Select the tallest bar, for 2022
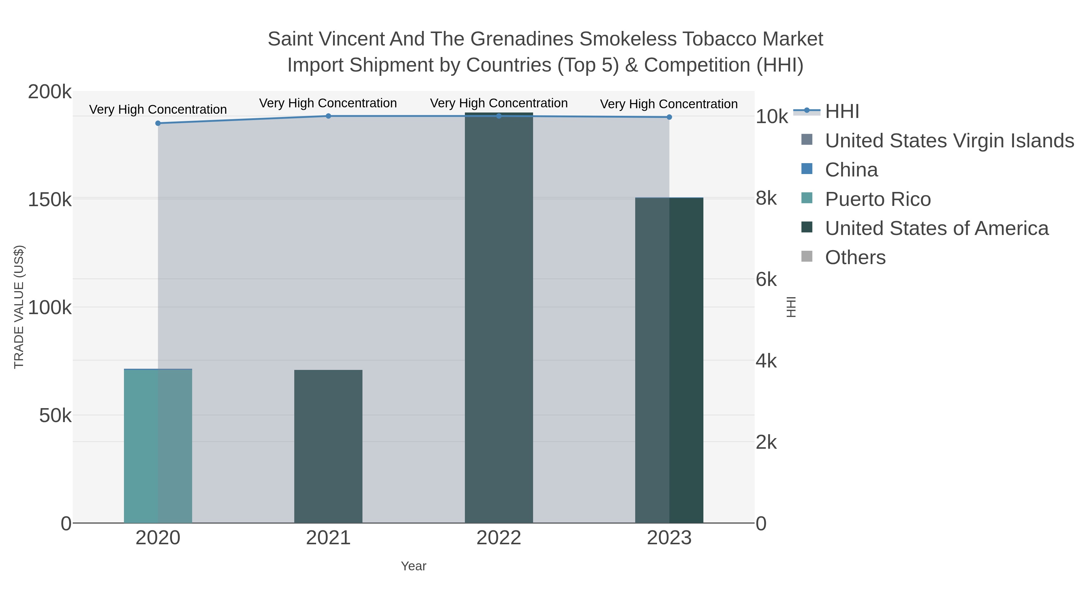[x=499, y=318]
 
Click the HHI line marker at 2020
[x=158, y=123]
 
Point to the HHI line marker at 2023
[x=669, y=117]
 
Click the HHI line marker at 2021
[x=328, y=116]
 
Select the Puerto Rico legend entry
[x=878, y=199]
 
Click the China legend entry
[x=851, y=170]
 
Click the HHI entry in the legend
[x=842, y=112]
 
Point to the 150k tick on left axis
[x=50, y=200]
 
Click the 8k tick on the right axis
[x=766, y=198]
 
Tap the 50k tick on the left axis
[x=55, y=416]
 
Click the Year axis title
[x=413, y=566]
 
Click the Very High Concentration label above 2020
[x=158, y=109]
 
